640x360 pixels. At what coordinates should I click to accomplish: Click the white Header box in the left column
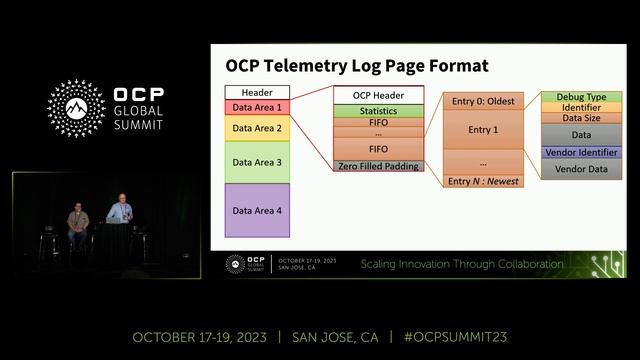coord(257,92)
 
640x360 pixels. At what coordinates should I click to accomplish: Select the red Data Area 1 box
coord(257,106)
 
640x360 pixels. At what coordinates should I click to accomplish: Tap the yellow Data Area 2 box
coord(257,128)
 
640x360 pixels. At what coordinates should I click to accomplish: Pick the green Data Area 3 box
coord(257,161)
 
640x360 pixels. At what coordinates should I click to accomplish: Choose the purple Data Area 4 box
coord(257,210)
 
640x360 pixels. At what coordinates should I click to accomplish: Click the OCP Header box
coord(379,95)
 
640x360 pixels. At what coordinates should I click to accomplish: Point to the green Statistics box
coord(379,111)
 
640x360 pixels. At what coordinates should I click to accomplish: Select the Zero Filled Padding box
coord(379,165)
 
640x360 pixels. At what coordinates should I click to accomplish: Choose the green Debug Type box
coord(581,96)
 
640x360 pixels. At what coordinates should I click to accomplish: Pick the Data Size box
coord(581,117)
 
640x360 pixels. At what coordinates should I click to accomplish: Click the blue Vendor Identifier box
coord(581,152)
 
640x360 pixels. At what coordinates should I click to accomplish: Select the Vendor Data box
coord(581,170)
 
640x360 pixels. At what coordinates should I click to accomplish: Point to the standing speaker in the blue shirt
coord(120,211)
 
